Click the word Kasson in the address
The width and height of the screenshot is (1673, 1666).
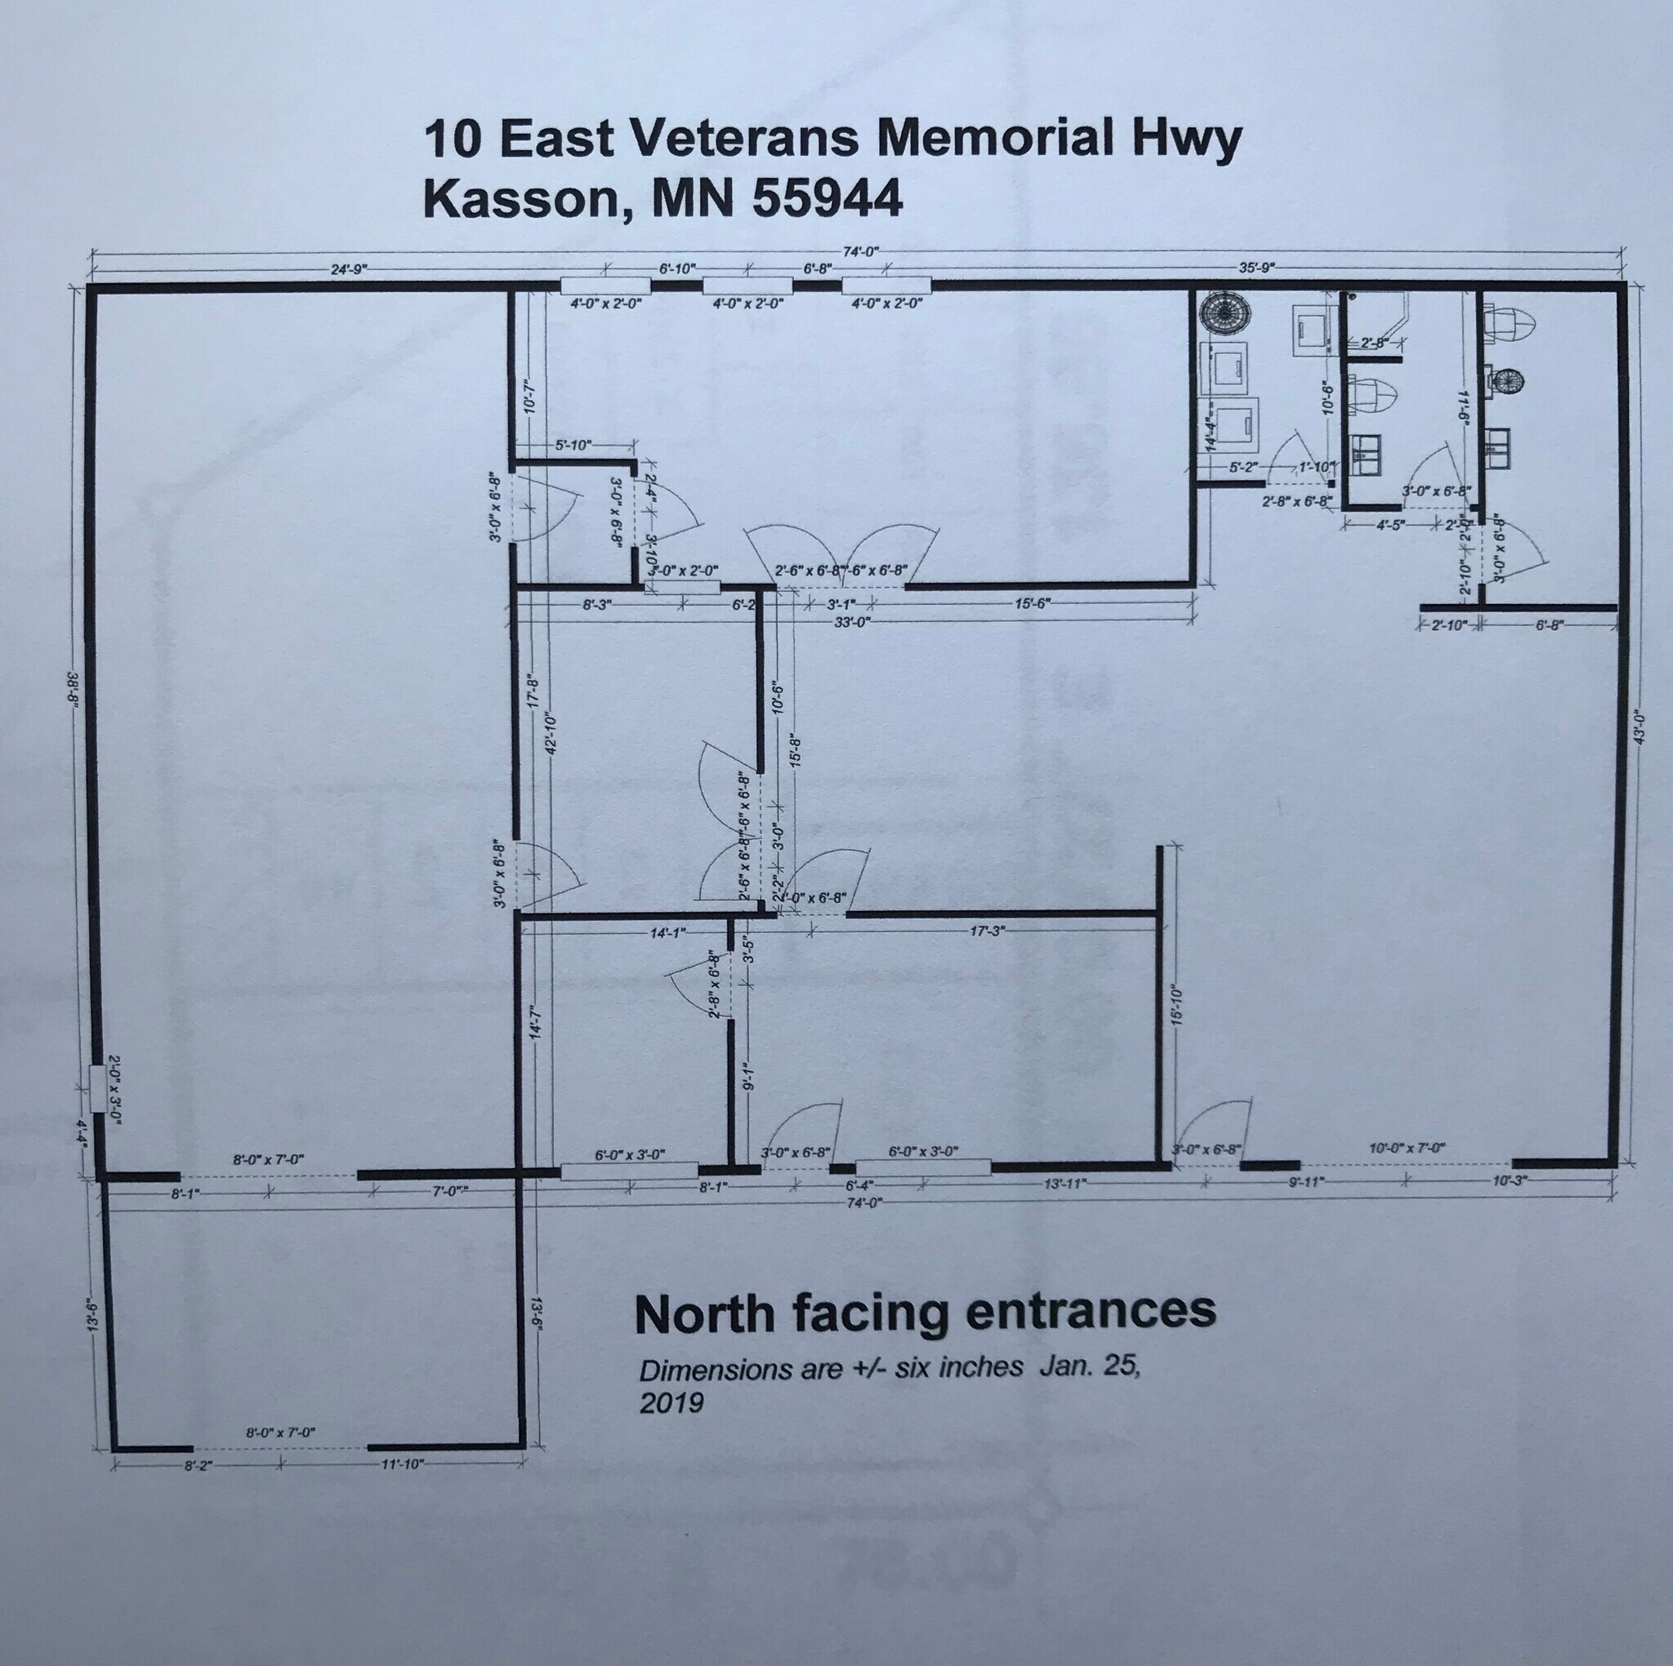(519, 198)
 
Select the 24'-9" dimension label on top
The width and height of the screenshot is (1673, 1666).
(350, 269)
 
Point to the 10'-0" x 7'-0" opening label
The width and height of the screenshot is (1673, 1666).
(1408, 1148)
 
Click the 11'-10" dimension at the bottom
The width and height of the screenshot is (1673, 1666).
(402, 1464)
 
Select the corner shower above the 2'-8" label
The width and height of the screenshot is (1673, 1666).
(1379, 313)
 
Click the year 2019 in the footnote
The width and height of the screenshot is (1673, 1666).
(671, 1403)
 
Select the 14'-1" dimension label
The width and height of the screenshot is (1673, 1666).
(667, 932)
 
